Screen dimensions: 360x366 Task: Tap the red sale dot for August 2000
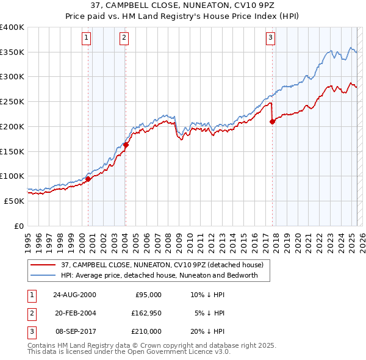click(88, 179)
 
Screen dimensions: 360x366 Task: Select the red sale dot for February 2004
click(126, 145)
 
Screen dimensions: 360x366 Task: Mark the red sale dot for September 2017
click(273, 121)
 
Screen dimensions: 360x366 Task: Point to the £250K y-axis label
click(12, 101)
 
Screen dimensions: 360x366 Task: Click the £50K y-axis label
click(14, 200)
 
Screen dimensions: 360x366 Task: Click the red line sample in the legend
click(45, 265)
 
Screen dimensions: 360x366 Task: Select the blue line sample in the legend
click(45, 275)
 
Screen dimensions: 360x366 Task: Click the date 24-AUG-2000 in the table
click(75, 295)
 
